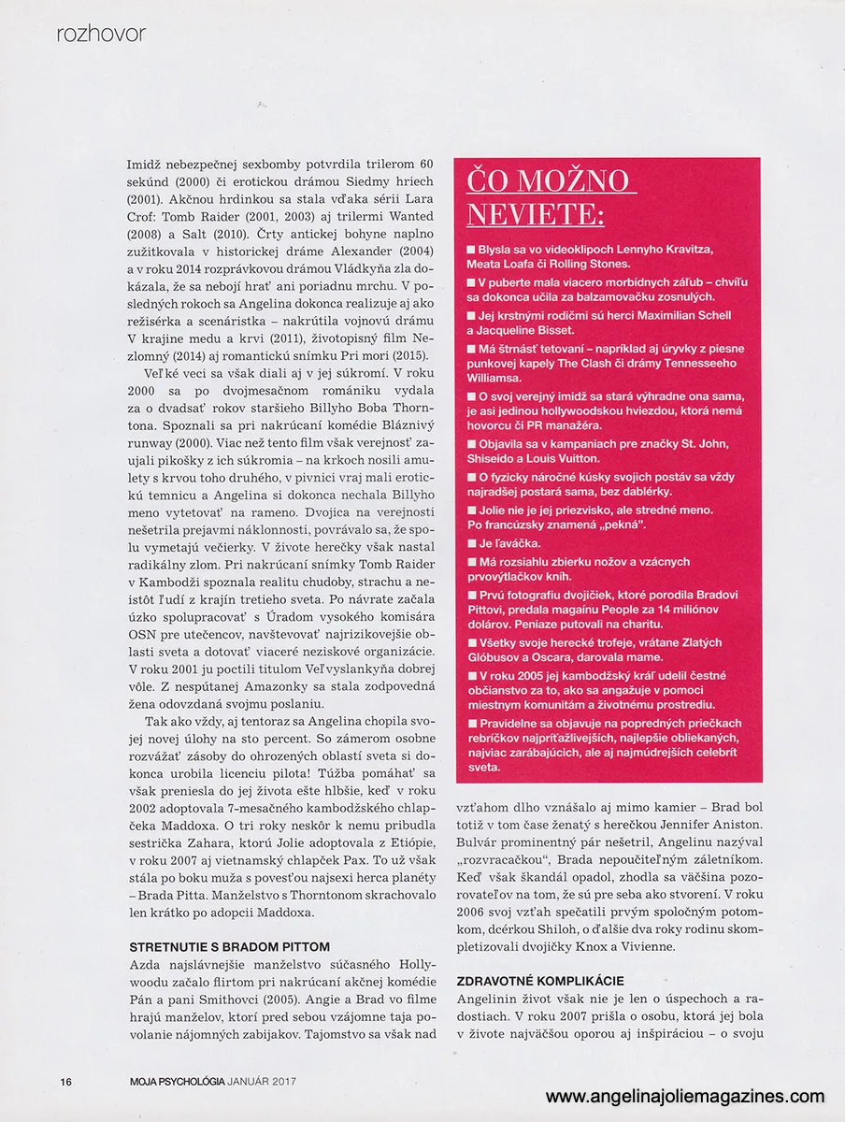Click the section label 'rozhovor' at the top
pyautogui.click(x=101, y=35)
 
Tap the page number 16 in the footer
pyautogui.click(x=66, y=1082)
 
